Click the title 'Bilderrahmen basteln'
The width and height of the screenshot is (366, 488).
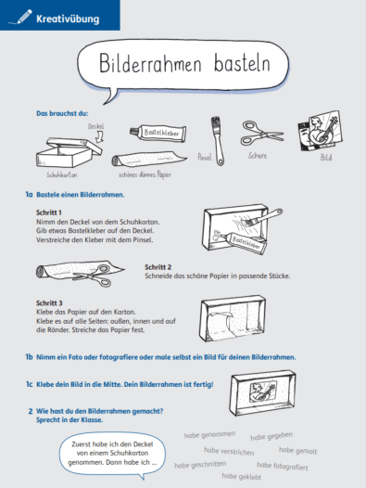click(183, 66)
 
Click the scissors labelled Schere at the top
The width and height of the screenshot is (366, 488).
click(263, 133)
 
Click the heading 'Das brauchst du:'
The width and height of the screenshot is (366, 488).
click(59, 113)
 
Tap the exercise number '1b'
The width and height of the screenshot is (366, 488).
click(30, 356)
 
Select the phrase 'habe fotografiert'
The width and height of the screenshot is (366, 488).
click(282, 465)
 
